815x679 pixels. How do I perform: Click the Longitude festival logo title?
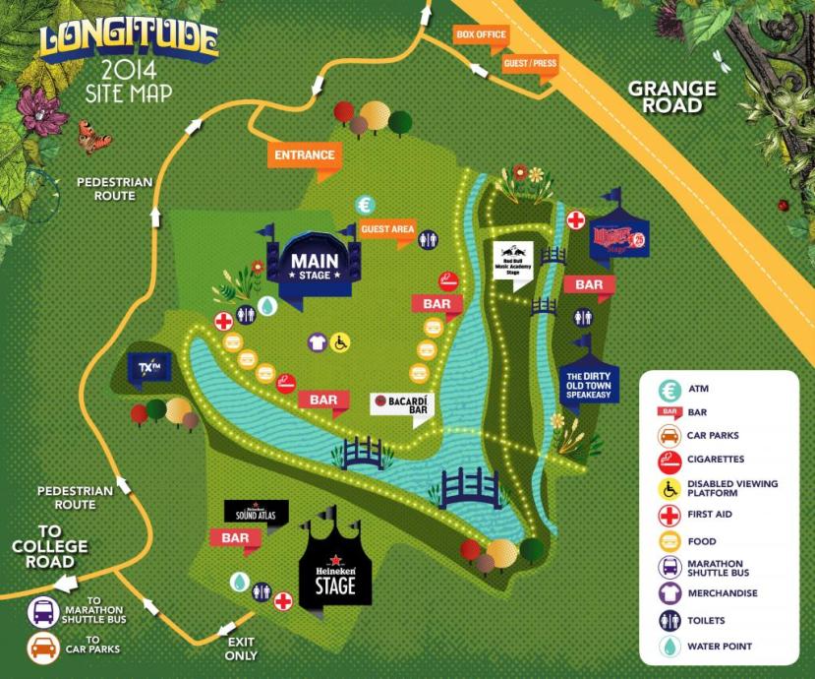[128, 38]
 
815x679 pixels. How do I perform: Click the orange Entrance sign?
[304, 155]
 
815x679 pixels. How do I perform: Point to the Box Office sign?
[481, 34]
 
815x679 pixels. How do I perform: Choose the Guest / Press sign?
[530, 63]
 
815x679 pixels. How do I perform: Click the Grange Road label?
[672, 96]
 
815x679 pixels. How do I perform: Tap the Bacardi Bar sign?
[403, 403]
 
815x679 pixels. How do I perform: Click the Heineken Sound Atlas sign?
[257, 511]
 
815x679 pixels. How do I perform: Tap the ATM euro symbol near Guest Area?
[366, 206]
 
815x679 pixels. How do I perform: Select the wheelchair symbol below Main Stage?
[341, 341]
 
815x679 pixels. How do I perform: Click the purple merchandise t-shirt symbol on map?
[317, 341]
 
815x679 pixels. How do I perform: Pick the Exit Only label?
[241, 648]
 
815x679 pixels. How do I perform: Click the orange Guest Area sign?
[387, 229]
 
